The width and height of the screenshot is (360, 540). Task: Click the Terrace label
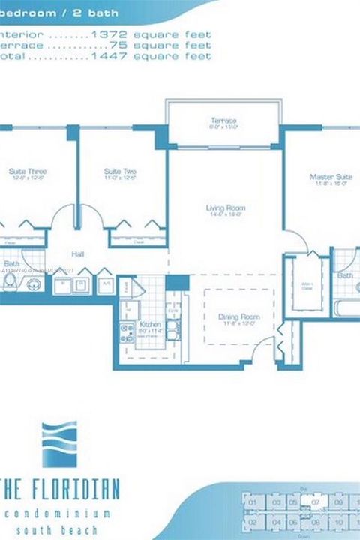tap(223, 121)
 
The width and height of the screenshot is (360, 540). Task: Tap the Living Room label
tap(226, 208)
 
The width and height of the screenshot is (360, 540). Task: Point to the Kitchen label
tap(151, 325)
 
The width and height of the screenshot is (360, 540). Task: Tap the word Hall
tap(78, 255)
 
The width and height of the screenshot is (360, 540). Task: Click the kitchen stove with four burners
tap(125, 331)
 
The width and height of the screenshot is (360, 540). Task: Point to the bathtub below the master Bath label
tap(344, 308)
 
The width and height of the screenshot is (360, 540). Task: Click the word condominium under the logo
tap(57, 514)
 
